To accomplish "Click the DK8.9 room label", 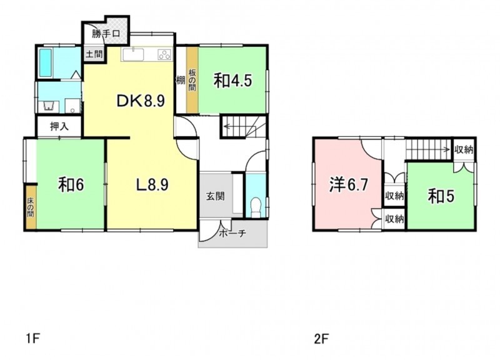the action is pos(141,101).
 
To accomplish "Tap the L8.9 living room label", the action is pos(152,184).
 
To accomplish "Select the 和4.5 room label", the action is pos(232,81).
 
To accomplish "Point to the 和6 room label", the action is pos(71,184).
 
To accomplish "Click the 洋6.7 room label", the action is pos(349,184).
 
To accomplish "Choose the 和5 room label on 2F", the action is pos(441,196).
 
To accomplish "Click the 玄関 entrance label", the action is pos(215,196).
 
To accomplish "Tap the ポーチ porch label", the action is pos(232,233).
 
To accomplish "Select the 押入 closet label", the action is pos(59,127).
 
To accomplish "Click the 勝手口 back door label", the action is pos(106,34).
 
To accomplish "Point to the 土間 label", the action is pos(94,54).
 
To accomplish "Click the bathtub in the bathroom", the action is pos(45,63).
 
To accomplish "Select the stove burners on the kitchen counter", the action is pos(164,54).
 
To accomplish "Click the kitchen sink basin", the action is pos(133,54).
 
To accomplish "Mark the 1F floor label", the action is pos(32,338).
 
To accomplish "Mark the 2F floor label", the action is pos(321,339).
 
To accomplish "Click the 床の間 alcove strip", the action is pos(31,207).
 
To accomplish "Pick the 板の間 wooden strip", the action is pos(192,80).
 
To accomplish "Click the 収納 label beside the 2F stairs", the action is pos(464,149).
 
